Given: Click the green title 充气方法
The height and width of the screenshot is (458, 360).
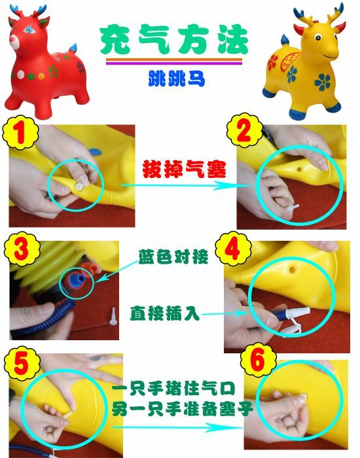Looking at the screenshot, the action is coord(173,40).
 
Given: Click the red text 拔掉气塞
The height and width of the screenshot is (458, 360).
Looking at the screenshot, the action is coord(184,169).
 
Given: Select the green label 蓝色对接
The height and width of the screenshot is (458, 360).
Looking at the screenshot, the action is coord(173,256).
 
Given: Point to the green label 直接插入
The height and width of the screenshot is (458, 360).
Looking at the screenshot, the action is coord(165,313).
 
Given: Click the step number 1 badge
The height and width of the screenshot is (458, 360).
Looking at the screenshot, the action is coord(20,133).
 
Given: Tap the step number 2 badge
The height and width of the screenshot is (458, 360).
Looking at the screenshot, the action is coord(245,131).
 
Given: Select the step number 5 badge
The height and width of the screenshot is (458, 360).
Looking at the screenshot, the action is coord(22,364).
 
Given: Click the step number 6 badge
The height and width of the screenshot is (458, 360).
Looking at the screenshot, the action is coord(259,361).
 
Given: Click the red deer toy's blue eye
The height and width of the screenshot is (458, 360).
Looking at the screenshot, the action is coord(29,29).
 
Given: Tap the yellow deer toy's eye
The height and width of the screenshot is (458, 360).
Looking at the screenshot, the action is coord(318,37).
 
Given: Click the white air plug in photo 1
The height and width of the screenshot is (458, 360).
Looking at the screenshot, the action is coord(79,186).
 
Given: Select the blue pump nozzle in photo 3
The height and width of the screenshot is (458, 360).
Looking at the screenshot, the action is coord(78,279).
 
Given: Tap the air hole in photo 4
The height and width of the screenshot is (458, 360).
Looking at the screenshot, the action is coord(292,270).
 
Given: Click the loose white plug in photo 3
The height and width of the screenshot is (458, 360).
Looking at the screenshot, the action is coord(113,316).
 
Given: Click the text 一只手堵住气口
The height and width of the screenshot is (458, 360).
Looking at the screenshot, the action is coord(173,389).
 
